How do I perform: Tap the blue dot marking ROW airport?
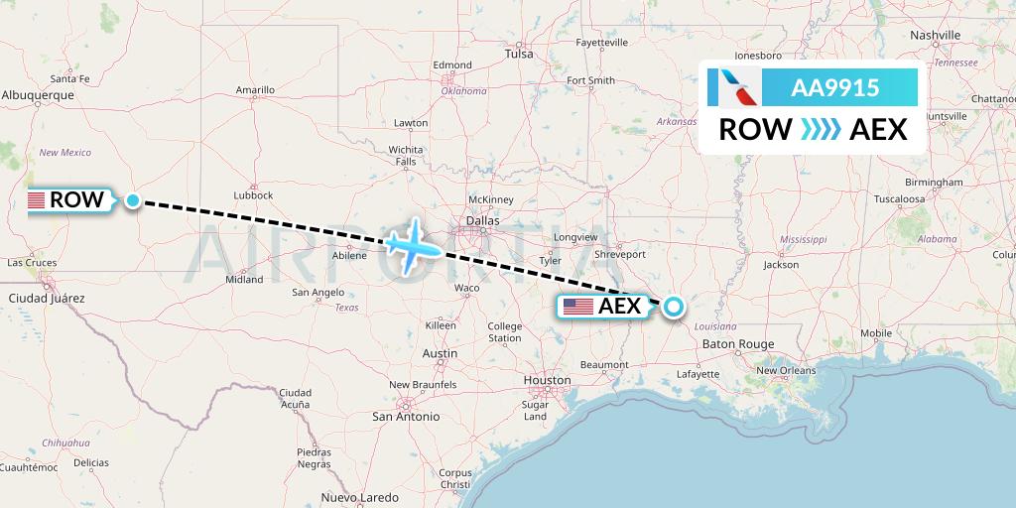pyautogui.click(x=132, y=200)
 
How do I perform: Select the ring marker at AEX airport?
pyautogui.click(x=674, y=306)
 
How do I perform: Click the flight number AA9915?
pyautogui.click(x=834, y=87)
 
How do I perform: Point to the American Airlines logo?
pyautogui.click(x=734, y=87)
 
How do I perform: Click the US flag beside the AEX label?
pyautogui.click(x=577, y=307)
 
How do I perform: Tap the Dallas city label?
pyautogui.click(x=483, y=220)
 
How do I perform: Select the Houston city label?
pyautogui.click(x=547, y=380)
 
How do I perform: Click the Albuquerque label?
pyautogui.click(x=39, y=95)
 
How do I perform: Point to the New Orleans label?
pyautogui.click(x=786, y=370)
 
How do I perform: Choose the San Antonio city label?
pyautogui.click(x=406, y=417)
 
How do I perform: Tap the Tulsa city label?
pyautogui.click(x=519, y=54)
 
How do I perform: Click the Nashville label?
pyautogui.click(x=935, y=35)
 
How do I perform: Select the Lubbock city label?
pyautogui.click(x=253, y=195)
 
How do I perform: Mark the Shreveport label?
pyautogui.click(x=620, y=254)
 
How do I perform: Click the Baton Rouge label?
pyautogui.click(x=737, y=344)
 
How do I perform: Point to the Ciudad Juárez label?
pyautogui.click(x=47, y=298)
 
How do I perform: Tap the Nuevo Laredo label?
pyautogui.click(x=359, y=497)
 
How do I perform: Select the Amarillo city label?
pyautogui.click(x=255, y=90)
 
